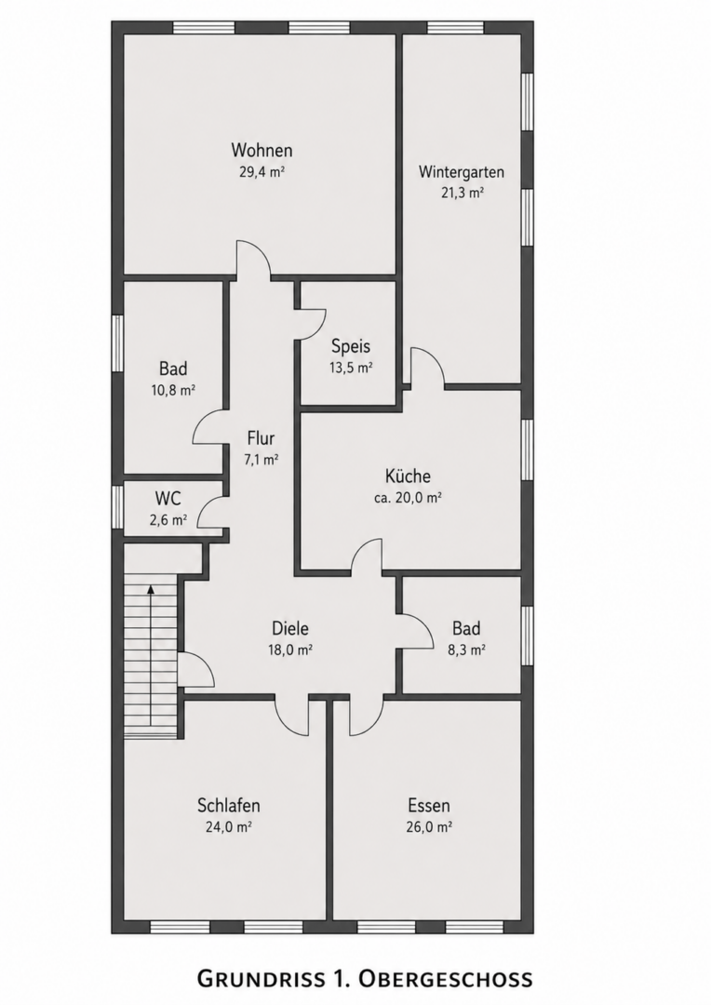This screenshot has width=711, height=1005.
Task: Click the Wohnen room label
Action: point(262,150)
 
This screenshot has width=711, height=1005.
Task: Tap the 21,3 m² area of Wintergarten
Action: point(462,193)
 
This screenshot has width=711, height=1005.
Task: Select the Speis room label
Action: point(351,346)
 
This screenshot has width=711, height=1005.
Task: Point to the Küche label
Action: point(408,476)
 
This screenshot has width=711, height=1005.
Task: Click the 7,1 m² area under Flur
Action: point(261,459)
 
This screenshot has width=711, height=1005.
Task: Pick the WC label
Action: point(168,498)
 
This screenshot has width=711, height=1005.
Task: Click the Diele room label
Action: point(290,628)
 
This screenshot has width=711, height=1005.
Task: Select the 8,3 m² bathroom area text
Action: point(466,650)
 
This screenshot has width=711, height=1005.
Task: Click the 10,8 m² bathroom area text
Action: point(173,390)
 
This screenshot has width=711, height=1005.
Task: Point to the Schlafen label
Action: point(228,805)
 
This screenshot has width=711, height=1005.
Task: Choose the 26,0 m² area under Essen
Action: point(429,827)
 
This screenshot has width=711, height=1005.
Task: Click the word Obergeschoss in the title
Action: point(445,978)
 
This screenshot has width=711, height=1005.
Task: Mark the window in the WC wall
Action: point(117,507)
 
